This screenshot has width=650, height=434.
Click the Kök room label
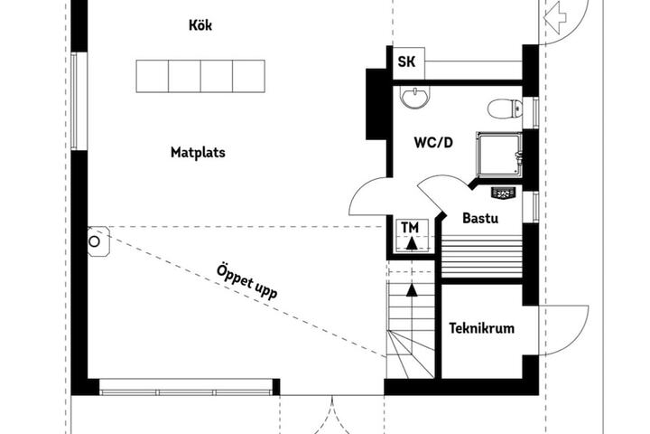coord(200,25)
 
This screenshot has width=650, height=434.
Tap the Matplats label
coord(198,153)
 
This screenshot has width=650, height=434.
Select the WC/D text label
coord(433,143)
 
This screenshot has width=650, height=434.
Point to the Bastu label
coord(480,218)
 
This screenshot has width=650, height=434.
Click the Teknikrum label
coord(481,328)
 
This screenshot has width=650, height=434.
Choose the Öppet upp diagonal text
coord(246,281)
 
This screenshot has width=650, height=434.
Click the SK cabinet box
coord(408,62)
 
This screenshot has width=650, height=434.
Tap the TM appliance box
coord(411,235)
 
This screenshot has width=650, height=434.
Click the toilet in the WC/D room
coord(505,109)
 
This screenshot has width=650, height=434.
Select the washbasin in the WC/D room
coord(415,98)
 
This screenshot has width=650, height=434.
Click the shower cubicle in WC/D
coord(499,154)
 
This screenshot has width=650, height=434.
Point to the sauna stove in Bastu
coord(503,193)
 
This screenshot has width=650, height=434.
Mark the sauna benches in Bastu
coord(481,256)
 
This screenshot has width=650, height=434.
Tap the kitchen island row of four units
coord(200,76)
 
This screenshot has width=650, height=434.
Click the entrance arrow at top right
coord(554,17)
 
